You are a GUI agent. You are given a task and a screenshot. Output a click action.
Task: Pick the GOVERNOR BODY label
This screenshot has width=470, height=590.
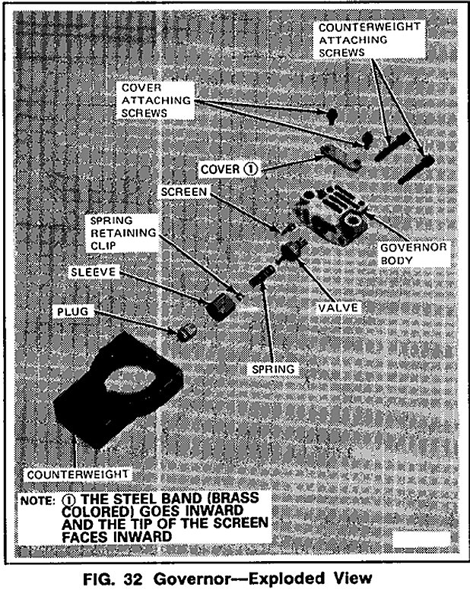[x=405, y=254]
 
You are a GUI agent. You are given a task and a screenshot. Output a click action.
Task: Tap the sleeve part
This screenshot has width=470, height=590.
[x=219, y=305]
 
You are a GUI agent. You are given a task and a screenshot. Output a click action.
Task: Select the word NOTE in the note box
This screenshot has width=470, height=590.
[x=36, y=501]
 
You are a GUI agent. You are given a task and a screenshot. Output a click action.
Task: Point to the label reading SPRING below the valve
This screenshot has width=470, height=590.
[x=275, y=368]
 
